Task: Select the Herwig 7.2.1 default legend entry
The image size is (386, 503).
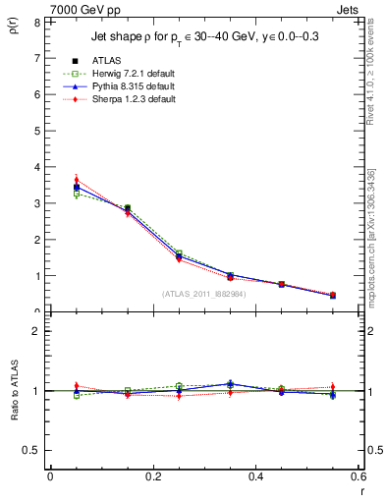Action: click(134, 74)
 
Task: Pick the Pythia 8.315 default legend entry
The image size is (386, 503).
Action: click(134, 86)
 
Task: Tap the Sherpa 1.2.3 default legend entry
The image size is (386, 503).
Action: click(135, 99)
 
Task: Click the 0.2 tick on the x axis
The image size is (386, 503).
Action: click(152, 476)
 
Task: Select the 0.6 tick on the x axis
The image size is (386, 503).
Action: click(358, 476)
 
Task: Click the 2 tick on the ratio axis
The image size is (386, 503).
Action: click(35, 331)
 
